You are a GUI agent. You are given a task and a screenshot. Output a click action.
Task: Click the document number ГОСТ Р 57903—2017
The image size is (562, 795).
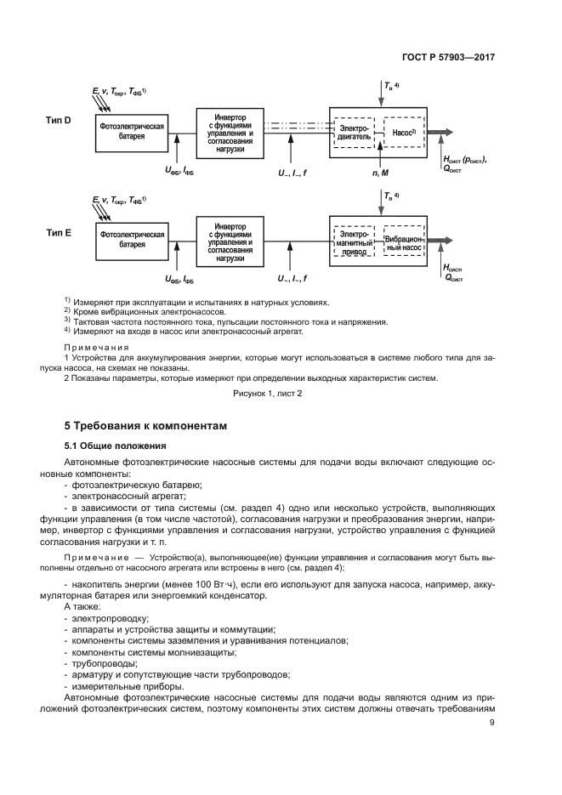click(x=448, y=58)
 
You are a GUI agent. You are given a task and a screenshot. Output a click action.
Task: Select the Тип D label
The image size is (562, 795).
click(x=58, y=122)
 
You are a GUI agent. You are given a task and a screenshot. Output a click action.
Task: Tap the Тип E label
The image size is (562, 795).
click(x=58, y=231)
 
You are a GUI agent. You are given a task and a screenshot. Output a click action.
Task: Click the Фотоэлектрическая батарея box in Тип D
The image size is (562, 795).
click(x=132, y=130)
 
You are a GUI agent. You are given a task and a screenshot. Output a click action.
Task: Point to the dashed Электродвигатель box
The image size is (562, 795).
click(x=355, y=132)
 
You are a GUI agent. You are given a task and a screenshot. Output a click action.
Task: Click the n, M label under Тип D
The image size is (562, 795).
click(x=379, y=172)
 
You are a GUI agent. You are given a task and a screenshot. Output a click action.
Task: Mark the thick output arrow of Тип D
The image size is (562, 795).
click(x=443, y=133)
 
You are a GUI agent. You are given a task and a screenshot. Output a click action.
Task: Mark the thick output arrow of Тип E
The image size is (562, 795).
click(x=443, y=241)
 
